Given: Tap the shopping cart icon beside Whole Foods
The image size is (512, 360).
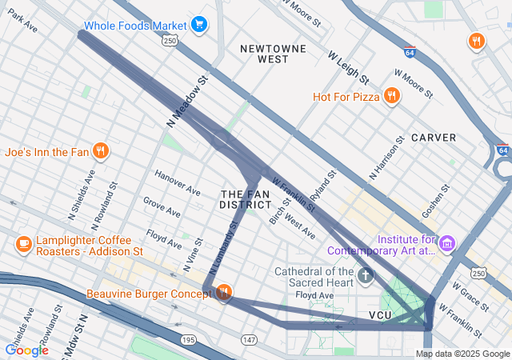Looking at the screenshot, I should [x=199, y=26].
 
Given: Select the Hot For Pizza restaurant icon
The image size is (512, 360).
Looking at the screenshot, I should [x=391, y=97].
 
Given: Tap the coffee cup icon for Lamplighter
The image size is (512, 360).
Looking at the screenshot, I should [x=23, y=244].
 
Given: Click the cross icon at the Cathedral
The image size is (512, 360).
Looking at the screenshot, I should [x=366, y=278].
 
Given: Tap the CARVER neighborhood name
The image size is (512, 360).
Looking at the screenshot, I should [x=434, y=138].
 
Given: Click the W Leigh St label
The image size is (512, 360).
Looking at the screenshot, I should [x=348, y=68].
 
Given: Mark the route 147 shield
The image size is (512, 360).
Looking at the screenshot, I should [x=249, y=340].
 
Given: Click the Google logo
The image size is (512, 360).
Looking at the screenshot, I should [x=26, y=350].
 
